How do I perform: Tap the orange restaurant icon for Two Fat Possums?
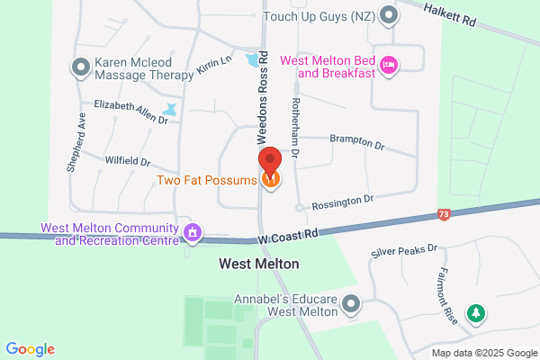click(x=270, y=180)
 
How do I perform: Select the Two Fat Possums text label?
click(x=207, y=180)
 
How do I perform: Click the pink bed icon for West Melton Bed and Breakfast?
click(x=390, y=64)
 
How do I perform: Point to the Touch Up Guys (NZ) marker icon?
click(x=389, y=15)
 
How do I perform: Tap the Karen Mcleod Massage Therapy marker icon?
click(x=79, y=66)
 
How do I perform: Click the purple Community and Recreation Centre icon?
click(x=192, y=233)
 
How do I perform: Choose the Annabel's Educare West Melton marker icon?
click(x=350, y=310)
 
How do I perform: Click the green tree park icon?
click(x=475, y=314)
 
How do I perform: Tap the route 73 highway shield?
click(x=443, y=214)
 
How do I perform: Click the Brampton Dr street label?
click(x=357, y=141)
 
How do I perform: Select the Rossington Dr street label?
click(x=341, y=202)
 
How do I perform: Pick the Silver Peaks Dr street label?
click(x=404, y=250)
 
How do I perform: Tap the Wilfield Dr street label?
click(x=127, y=161)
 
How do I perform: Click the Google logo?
click(x=30, y=349)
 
